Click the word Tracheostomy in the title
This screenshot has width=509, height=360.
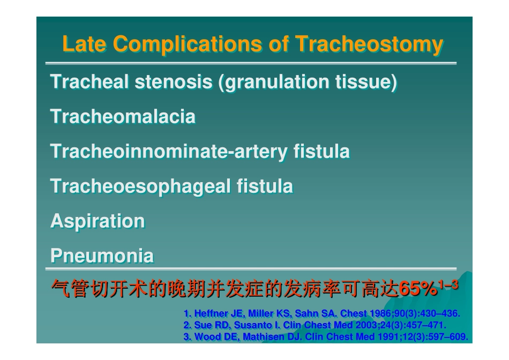[x=369, y=44]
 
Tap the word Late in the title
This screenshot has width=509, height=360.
[x=84, y=43]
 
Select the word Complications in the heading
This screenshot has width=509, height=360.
[x=188, y=44]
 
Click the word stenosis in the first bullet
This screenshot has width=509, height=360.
[x=174, y=81]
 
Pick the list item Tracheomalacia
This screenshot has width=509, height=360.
[x=123, y=116]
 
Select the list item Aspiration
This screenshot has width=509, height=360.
[x=98, y=222]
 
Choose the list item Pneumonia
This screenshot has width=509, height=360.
[x=102, y=256]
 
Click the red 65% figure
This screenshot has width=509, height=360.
[x=418, y=288]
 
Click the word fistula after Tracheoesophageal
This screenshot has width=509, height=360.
[x=265, y=186]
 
